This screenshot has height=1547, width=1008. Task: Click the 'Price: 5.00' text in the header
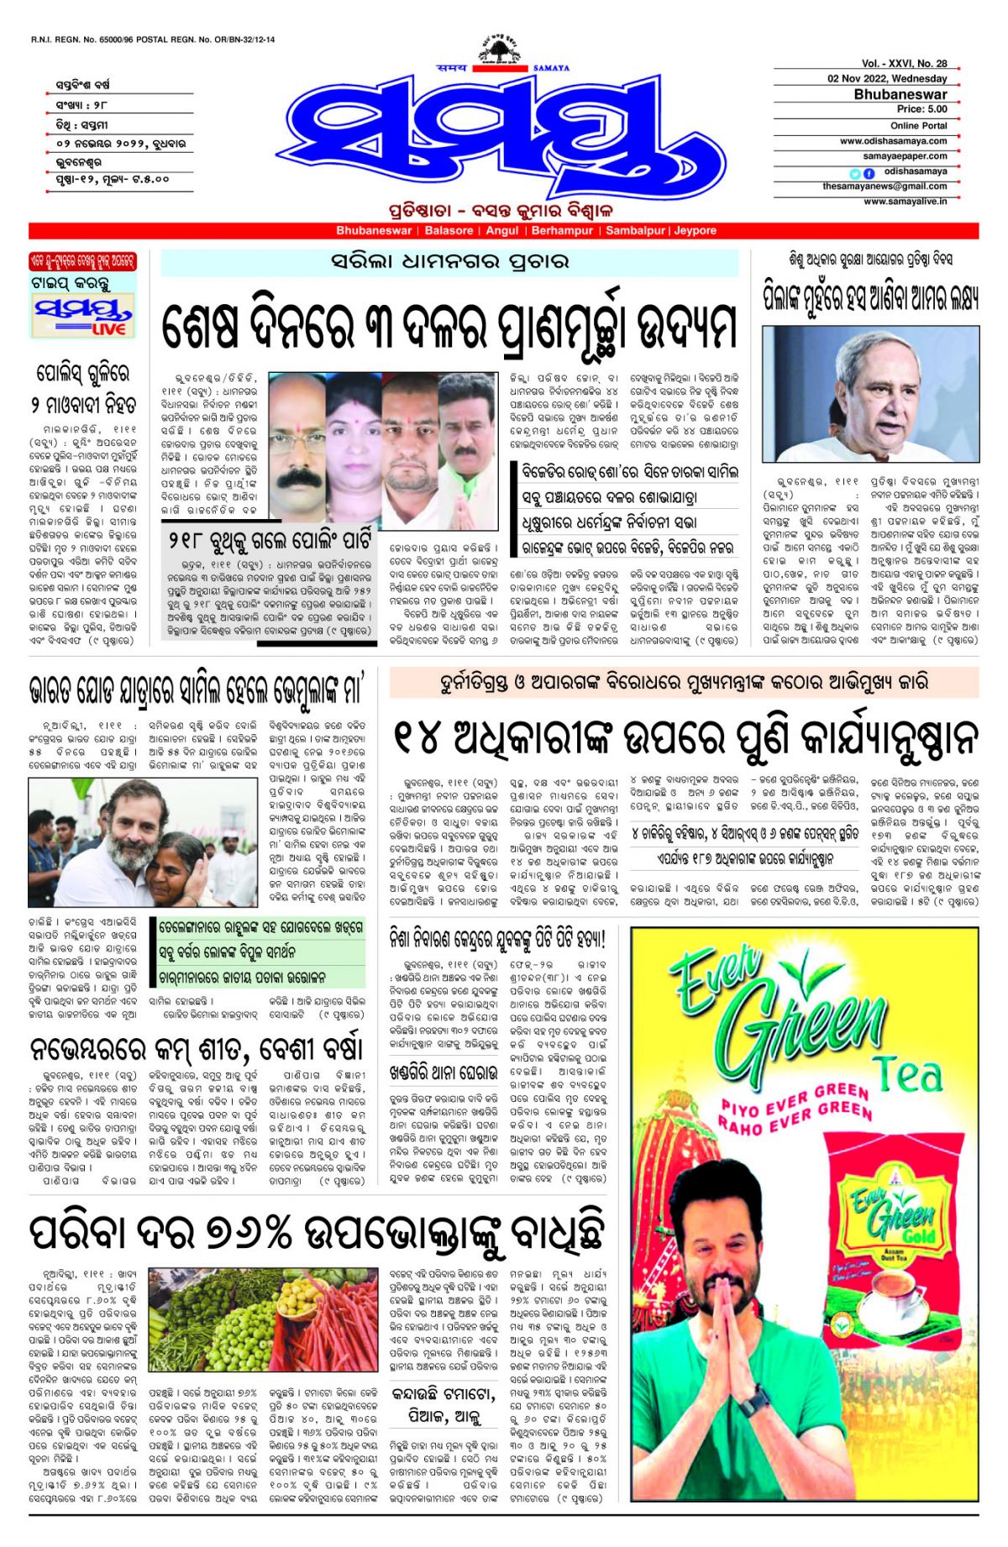tap(921, 109)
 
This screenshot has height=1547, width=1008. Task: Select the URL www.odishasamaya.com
tap(893, 141)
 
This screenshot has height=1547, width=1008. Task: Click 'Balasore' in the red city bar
tap(449, 231)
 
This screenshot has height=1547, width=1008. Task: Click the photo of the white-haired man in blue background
tap(870, 394)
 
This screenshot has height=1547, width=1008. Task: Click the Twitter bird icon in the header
tap(855, 173)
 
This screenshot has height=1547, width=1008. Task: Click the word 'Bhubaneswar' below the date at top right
tap(900, 94)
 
